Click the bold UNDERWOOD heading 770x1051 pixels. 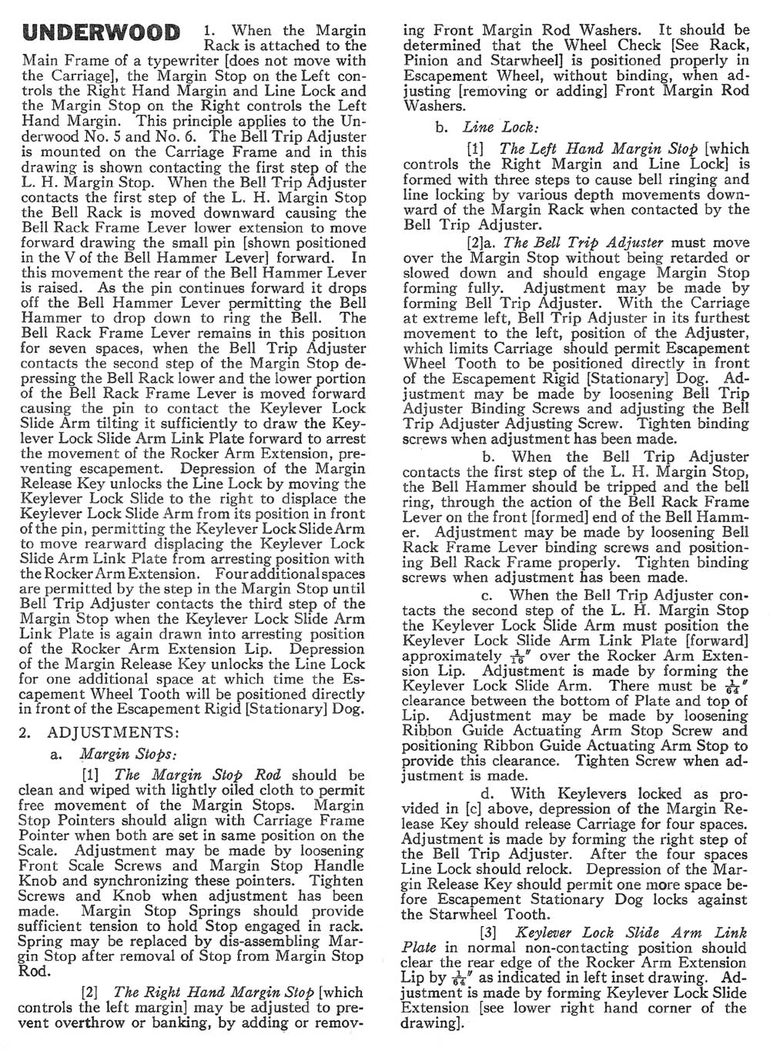[102, 33]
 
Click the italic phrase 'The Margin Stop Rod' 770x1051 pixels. [199, 775]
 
